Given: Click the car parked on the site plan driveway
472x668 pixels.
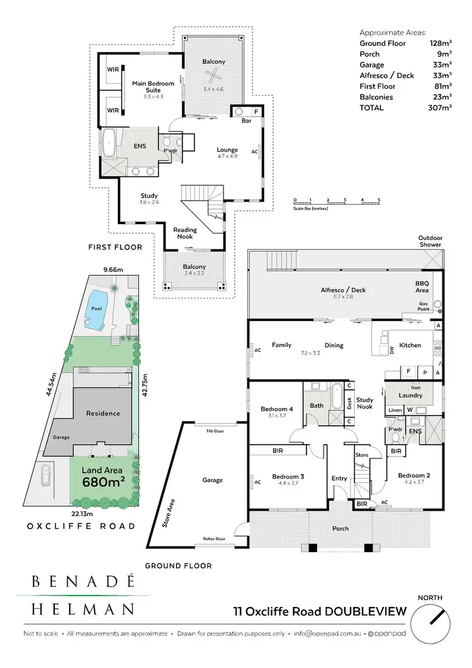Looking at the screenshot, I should click(46, 477).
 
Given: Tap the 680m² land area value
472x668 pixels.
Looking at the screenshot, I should click(104, 482).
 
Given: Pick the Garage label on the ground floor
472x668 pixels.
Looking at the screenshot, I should click(212, 480).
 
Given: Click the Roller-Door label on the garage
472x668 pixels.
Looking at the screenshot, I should click(215, 539).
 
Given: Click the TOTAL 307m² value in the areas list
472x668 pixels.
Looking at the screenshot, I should click(441, 108).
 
